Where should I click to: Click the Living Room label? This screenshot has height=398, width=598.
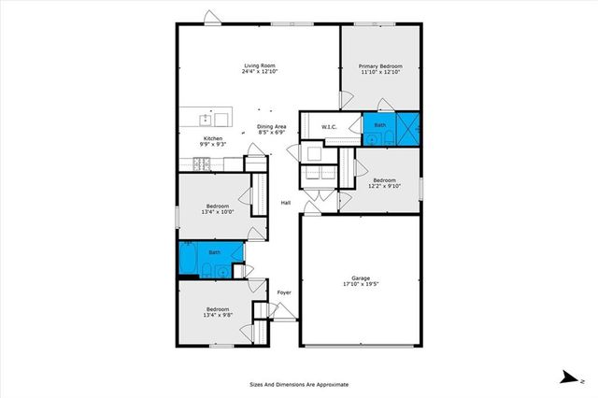pos(260,64)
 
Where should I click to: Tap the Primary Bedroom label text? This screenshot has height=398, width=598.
pos(382,66)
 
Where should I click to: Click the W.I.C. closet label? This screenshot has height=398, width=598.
pos(329,127)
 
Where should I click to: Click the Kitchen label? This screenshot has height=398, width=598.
pos(212,137)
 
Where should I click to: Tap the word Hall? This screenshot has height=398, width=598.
pos(287,204)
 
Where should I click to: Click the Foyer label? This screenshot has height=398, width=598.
pos(284,292)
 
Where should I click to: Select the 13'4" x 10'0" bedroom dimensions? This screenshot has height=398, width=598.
pos(217,212)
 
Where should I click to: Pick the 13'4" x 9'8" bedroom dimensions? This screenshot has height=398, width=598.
pos(218,316)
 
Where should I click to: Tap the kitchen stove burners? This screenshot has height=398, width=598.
pos(202,164)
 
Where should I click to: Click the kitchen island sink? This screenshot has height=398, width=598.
pos(206,118)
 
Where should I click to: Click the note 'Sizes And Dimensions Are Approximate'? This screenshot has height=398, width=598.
pos(298,384)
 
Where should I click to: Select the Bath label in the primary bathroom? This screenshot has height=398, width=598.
pos(380,124)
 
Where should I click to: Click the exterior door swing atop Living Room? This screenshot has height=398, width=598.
pos(213,17)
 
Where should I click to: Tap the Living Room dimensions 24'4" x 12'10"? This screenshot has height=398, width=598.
pos(260,71)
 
